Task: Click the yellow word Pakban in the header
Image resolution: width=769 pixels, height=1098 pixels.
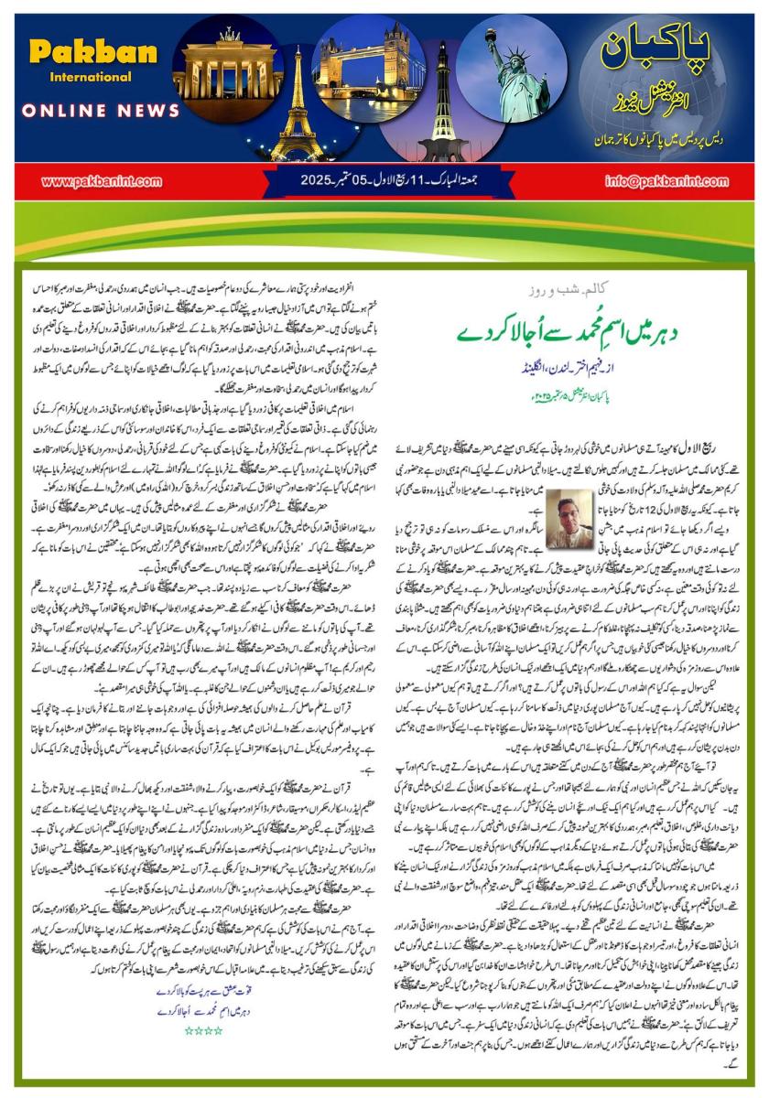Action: (93, 52)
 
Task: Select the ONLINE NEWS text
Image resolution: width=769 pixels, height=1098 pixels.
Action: (101, 111)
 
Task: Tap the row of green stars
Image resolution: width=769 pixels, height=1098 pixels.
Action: (204, 1030)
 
